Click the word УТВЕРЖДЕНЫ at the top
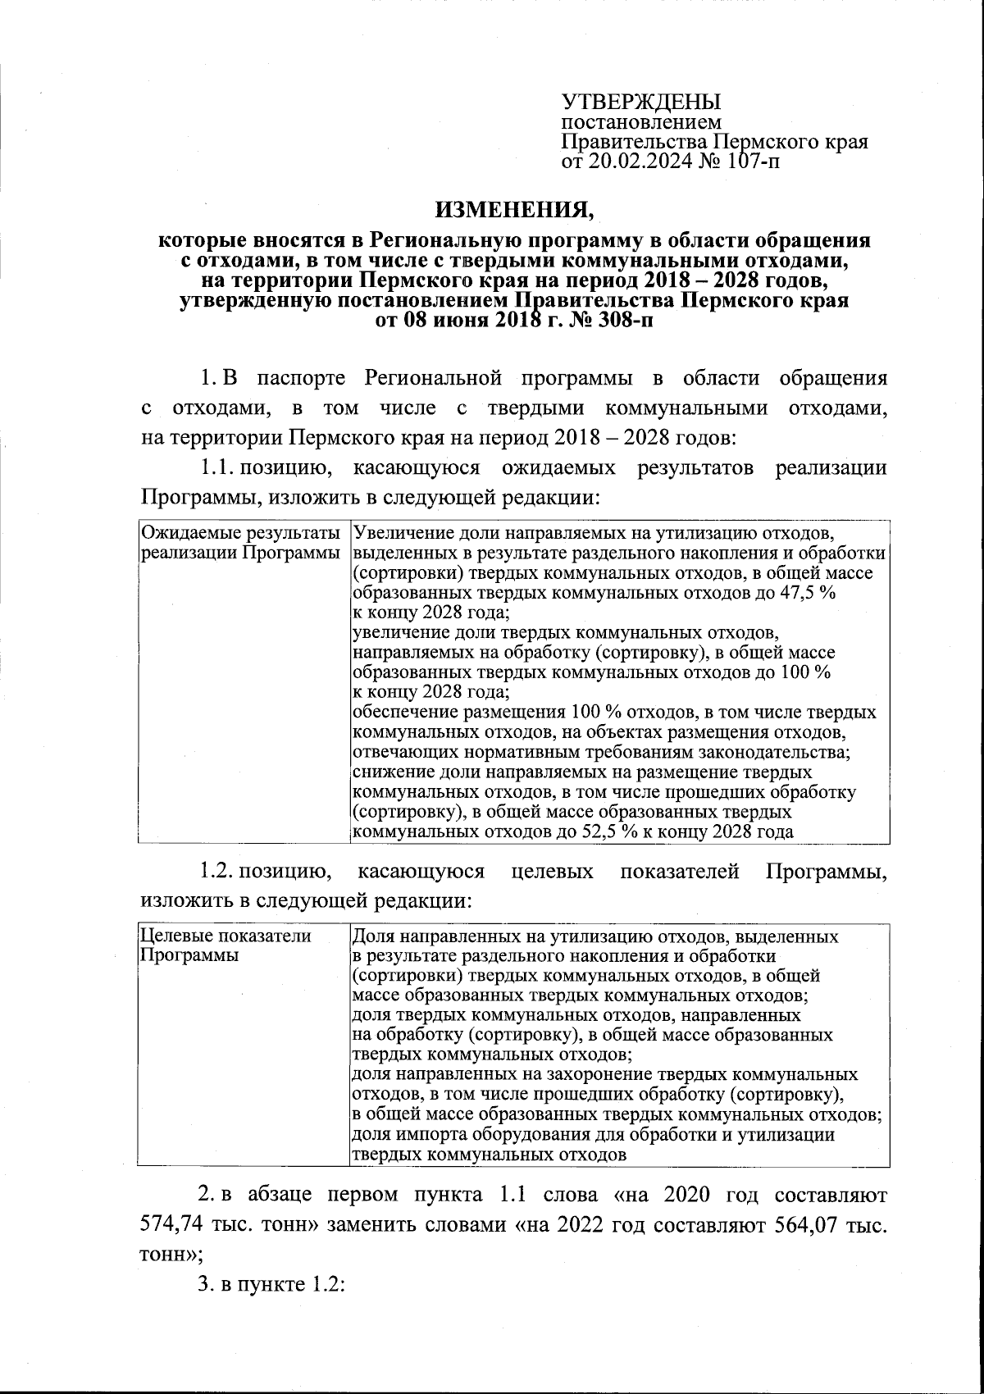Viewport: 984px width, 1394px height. click(640, 102)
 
